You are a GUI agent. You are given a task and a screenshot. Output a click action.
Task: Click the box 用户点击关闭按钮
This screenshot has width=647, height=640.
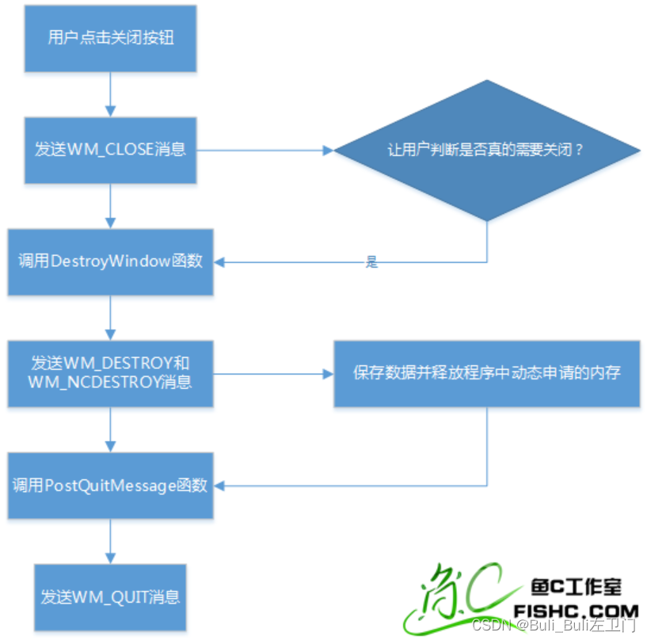pyautogui.click(x=110, y=38)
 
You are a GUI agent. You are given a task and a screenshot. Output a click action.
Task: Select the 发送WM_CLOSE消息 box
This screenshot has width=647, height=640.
pyautogui.click(x=110, y=149)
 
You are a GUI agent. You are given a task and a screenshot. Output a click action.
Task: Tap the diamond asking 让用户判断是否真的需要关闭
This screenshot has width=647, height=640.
pyautogui.click(x=486, y=149)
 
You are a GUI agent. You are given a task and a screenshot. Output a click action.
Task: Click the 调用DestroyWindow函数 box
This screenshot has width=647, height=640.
pyautogui.click(x=110, y=262)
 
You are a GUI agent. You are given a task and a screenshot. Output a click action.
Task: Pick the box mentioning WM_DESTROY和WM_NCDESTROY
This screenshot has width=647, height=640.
pyautogui.click(x=110, y=373)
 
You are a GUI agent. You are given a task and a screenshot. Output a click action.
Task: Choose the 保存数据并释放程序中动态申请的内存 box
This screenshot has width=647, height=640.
pyautogui.click(x=486, y=373)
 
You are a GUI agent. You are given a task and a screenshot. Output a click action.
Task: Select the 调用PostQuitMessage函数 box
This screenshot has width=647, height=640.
pyautogui.click(x=110, y=486)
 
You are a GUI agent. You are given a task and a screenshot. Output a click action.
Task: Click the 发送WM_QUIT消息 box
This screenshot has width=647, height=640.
pyautogui.click(x=110, y=596)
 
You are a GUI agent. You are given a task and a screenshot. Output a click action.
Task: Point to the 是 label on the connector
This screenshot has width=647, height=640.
pyautogui.click(x=371, y=263)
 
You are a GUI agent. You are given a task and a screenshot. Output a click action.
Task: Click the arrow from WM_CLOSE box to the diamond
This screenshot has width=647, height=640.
pyautogui.click(x=261, y=149)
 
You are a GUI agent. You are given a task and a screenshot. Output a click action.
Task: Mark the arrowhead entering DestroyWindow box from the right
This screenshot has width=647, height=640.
pyautogui.click(x=221, y=261)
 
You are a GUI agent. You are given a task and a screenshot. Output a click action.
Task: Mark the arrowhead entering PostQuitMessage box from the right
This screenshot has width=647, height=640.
pyautogui.click(x=221, y=485)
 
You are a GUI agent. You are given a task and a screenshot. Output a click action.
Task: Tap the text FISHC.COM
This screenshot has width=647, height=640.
pyautogui.click(x=576, y=611)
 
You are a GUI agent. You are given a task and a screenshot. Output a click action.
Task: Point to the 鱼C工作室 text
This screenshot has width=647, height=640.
pyautogui.click(x=575, y=588)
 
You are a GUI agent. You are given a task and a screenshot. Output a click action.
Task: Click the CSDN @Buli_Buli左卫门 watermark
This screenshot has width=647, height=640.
pyautogui.click(x=554, y=626)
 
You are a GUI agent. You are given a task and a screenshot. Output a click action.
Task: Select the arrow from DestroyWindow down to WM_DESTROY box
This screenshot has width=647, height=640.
pyautogui.click(x=110, y=318)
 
